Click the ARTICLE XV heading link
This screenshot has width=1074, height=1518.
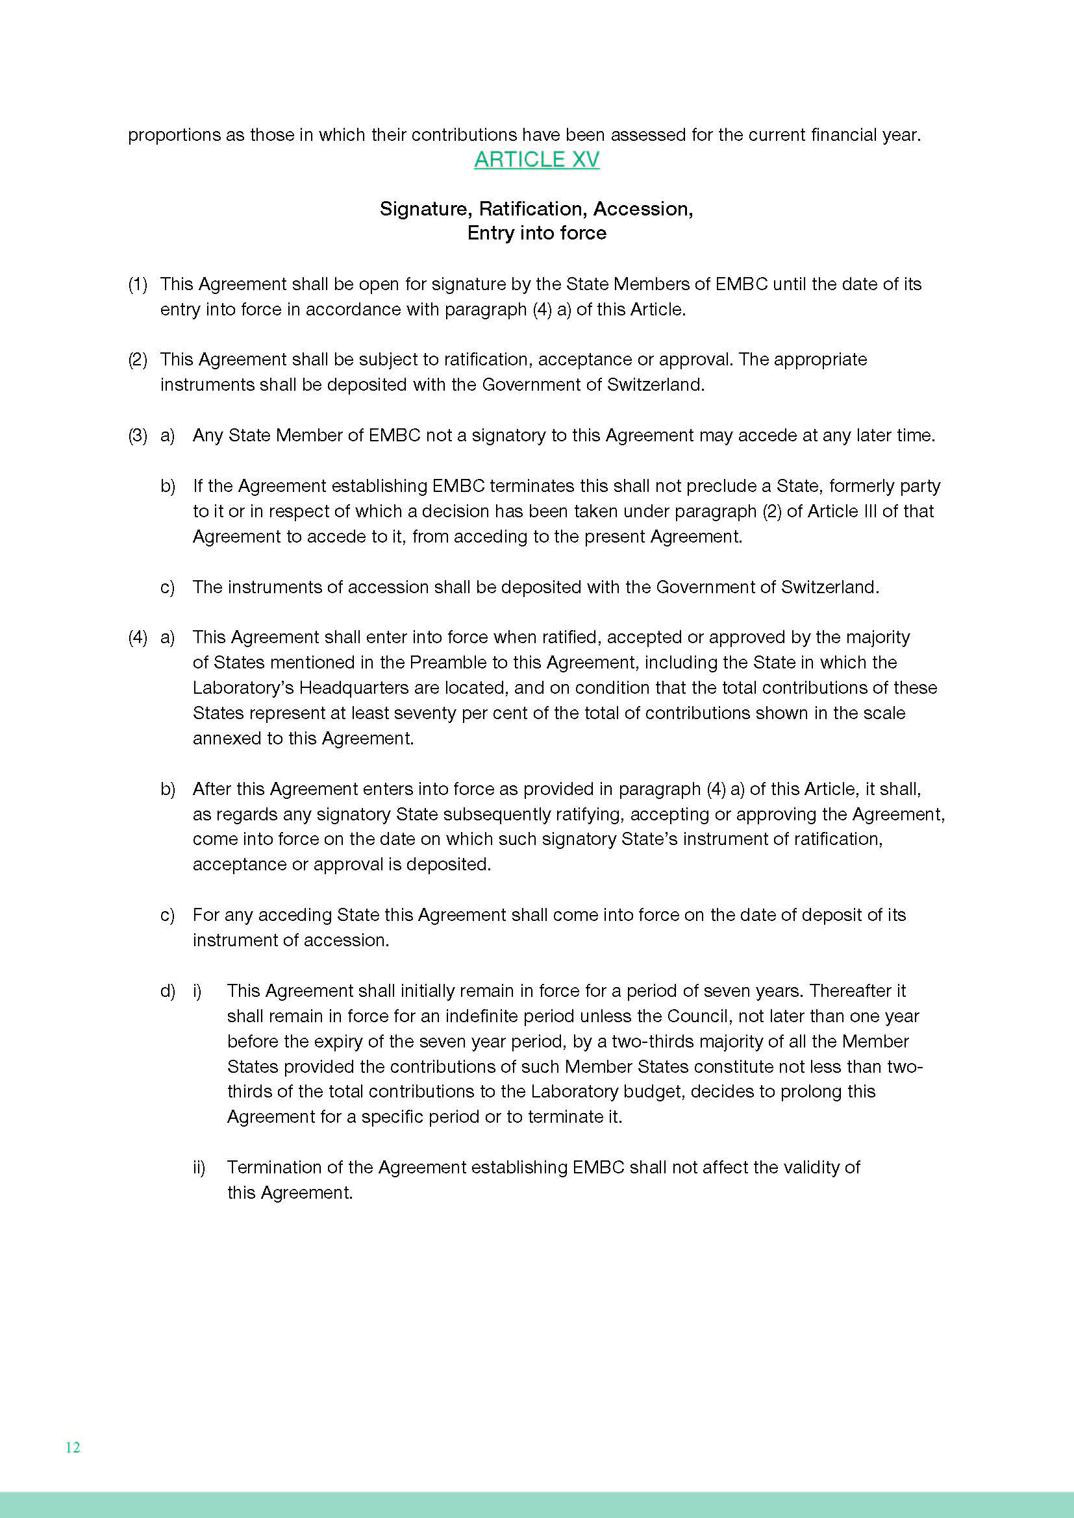point(536,160)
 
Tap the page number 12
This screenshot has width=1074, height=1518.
point(73,1447)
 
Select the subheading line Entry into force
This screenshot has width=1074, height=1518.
point(536,233)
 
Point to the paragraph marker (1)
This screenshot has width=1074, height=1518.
point(138,284)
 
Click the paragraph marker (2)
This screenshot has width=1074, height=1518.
point(138,360)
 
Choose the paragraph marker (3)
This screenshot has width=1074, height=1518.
point(138,435)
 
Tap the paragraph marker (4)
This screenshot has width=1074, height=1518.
point(138,637)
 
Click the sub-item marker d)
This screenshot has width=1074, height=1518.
point(168,991)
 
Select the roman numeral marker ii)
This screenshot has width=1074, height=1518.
point(199,1168)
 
